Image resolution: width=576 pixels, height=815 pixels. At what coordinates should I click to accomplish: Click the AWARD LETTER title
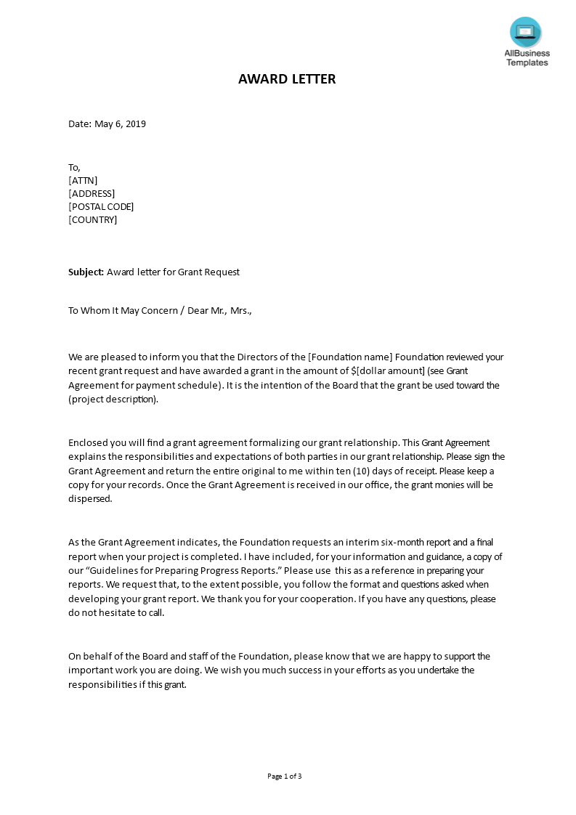[287, 79]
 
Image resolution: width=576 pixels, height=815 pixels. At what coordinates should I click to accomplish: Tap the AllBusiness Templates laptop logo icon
[526, 32]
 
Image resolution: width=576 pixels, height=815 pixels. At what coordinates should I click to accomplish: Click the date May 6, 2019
[120, 124]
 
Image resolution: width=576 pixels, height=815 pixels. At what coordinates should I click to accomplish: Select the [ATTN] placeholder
[83, 181]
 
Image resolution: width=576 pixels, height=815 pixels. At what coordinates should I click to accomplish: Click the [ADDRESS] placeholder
[92, 194]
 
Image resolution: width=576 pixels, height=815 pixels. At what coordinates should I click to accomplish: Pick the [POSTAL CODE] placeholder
[101, 207]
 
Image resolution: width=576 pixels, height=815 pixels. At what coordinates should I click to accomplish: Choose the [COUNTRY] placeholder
[92, 220]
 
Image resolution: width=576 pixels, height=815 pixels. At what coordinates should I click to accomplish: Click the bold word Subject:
[86, 272]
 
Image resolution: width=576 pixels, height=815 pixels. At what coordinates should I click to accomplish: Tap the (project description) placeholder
[113, 400]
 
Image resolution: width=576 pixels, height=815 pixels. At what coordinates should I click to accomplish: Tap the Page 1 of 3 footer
[284, 777]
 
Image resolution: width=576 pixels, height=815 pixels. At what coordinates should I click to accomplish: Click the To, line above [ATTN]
[75, 168]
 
